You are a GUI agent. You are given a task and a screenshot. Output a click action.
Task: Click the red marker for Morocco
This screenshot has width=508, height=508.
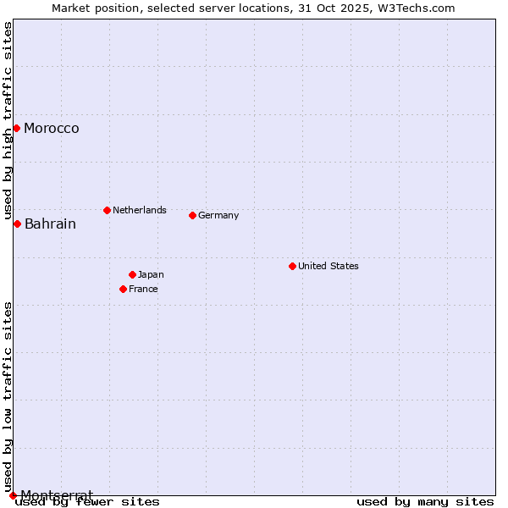tap(16, 128)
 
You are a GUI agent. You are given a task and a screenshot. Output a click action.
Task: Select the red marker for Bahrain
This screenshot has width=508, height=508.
tap(17, 224)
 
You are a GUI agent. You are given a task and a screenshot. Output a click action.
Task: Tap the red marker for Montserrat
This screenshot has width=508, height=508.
tap(13, 495)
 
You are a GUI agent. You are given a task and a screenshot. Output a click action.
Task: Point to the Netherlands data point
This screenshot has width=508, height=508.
tap(107, 210)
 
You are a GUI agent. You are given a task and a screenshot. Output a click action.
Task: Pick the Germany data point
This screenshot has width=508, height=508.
tap(192, 215)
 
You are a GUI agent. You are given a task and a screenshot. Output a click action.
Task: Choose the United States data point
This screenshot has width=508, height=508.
tap(292, 266)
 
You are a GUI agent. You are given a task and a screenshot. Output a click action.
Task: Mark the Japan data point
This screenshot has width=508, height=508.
tap(132, 274)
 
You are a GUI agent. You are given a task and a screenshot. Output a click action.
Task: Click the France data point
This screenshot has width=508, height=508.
tap(123, 289)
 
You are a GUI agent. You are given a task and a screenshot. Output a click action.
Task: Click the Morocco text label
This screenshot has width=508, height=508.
tap(52, 129)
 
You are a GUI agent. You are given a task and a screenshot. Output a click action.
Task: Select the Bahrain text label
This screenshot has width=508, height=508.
tap(50, 224)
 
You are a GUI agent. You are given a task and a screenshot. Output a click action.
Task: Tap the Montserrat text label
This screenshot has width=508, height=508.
tap(56, 494)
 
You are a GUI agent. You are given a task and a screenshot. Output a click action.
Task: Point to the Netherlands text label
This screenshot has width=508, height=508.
tap(140, 210)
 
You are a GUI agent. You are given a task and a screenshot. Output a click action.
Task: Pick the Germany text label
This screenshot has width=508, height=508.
tap(218, 215)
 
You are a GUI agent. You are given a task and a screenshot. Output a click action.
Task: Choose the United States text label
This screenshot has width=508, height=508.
tap(329, 266)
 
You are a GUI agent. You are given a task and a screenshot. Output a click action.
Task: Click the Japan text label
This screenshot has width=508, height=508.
tap(151, 274)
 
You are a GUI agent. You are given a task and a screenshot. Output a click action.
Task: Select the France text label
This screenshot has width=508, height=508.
tap(143, 289)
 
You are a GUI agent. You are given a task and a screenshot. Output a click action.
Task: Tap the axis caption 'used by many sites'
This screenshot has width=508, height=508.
tap(425, 502)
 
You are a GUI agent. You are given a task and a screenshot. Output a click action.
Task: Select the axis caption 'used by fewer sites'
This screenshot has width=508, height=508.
tap(87, 502)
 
